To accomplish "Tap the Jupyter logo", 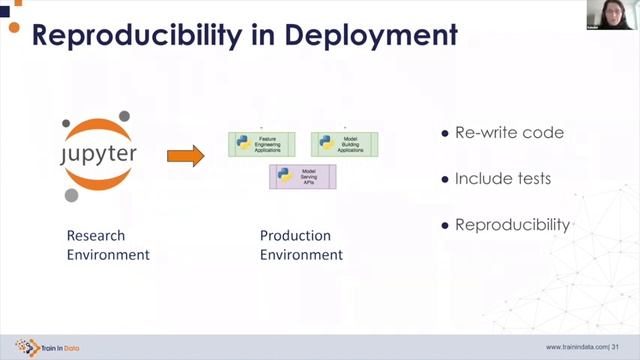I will tap(97, 156).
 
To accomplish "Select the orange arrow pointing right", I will tap(185, 156).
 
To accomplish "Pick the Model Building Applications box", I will tap(345, 144).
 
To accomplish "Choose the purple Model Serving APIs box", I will tap(302, 176).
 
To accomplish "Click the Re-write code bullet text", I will tap(509, 133).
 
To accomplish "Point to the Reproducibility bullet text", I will tap(512, 224).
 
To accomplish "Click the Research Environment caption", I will tap(108, 245).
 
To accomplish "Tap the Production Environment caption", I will tap(301, 245).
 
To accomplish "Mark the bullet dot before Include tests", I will tap(445, 180).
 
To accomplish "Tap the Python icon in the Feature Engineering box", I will tap(243, 144).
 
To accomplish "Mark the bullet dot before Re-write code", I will tap(445, 134).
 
